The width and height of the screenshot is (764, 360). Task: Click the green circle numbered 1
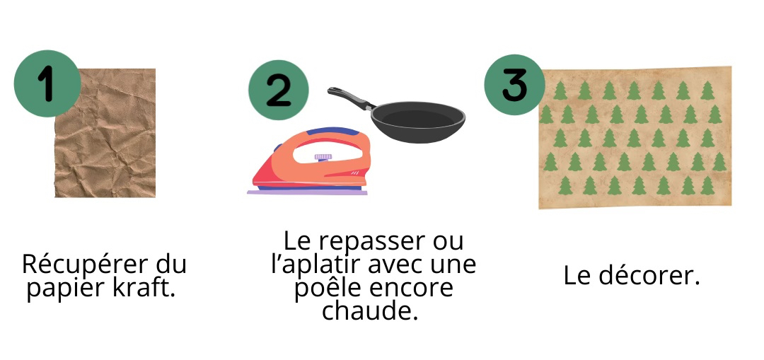(47, 83)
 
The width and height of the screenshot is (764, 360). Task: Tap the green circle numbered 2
(279, 90)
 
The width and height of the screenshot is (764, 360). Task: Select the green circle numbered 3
(514, 85)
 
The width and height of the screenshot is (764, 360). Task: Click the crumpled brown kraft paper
(105, 133)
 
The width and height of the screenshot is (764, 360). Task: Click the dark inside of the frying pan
(417, 120)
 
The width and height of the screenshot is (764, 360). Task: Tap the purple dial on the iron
(323, 157)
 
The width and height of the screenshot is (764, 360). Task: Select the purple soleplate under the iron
(307, 192)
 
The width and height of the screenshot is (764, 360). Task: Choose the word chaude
(370, 310)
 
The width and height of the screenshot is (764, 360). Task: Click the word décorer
(649, 275)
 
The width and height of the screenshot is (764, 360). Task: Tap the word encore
(411, 288)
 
